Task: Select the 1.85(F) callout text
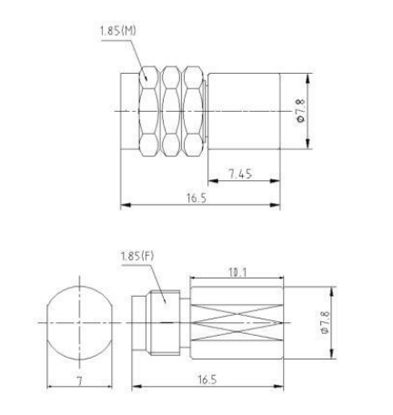coord(136,257)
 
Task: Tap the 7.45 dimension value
coord(243,173)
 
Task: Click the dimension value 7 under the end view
coord(79,376)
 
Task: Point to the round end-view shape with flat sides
coord(79,322)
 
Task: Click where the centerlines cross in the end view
coord(79,322)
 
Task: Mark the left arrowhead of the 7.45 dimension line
coord(211,181)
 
